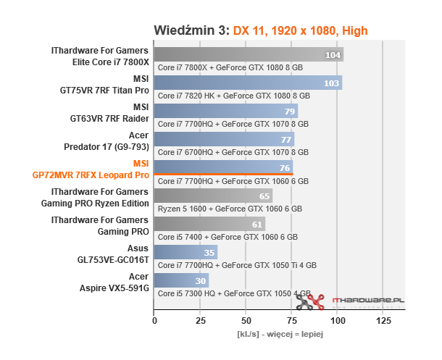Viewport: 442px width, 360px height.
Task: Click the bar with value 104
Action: point(246,55)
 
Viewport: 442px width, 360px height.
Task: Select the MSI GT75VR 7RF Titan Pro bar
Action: point(246,83)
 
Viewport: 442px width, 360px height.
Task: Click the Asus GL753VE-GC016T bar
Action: point(185,252)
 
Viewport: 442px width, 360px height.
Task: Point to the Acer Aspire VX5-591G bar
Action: point(180,280)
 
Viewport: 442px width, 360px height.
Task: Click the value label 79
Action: point(289,112)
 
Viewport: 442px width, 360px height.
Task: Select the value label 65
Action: point(264,196)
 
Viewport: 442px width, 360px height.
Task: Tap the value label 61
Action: point(257,225)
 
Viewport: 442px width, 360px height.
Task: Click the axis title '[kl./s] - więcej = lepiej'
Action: point(279,335)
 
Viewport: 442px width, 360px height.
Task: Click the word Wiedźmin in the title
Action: point(189,30)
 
